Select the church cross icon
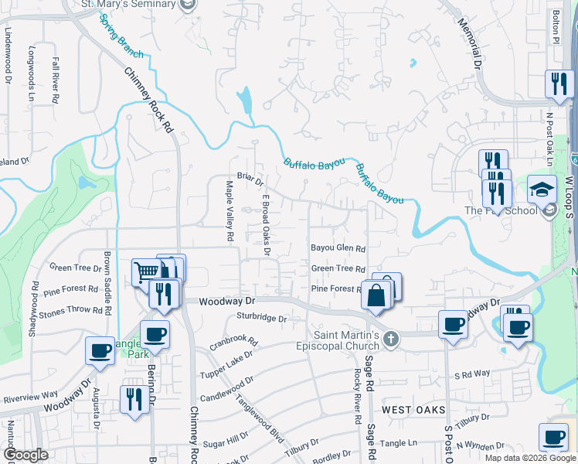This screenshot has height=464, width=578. coord(392,338)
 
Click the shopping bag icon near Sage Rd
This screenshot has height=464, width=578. coord(375,296)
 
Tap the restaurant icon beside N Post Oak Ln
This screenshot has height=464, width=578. coord(557,84)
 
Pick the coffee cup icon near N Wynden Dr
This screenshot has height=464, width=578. coord(553,437)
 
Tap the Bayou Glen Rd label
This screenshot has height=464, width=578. coord(338,248)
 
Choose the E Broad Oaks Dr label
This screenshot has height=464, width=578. coord(265,223)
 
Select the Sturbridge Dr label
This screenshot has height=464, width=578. coord(261,318)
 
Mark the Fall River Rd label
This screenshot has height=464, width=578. coord(56,80)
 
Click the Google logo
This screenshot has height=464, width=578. coord(25,454)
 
